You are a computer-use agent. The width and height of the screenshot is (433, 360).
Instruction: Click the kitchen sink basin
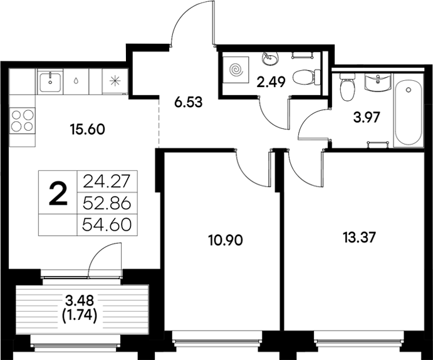pyautogui.click(x=50, y=80)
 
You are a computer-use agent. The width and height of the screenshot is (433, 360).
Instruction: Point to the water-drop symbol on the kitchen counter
pyautogui.click(x=76, y=80)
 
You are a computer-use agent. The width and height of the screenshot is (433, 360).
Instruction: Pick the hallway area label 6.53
pyautogui.click(x=188, y=102)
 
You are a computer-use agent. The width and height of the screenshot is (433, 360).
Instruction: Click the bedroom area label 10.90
pyautogui.click(x=224, y=239)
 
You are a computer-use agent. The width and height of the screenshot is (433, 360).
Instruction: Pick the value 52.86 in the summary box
pyautogui.click(x=106, y=203)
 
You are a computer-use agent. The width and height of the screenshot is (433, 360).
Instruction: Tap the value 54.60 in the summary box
pyautogui.click(x=106, y=224)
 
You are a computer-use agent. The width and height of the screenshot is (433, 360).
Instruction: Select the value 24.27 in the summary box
pyautogui.click(x=106, y=182)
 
